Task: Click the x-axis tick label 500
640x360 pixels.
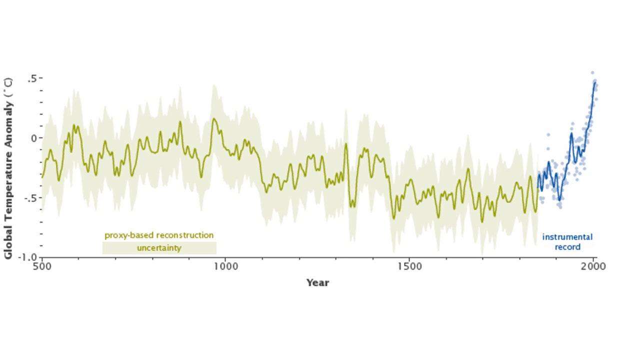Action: (41, 266)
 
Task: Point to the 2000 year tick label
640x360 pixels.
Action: (594, 266)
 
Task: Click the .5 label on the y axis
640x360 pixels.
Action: (32, 78)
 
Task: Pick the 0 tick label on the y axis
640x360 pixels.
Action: (34, 138)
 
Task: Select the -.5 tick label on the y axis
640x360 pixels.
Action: (31, 197)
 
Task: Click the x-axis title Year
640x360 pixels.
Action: (317, 283)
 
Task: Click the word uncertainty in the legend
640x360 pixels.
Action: (159, 248)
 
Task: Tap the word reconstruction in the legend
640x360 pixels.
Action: (184, 235)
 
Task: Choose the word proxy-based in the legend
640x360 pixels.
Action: (129, 235)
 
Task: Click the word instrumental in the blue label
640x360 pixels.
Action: (567, 237)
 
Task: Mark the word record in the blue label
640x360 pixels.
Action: (567, 247)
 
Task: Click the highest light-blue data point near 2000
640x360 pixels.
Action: (592, 73)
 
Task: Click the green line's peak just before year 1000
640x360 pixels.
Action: (214, 119)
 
